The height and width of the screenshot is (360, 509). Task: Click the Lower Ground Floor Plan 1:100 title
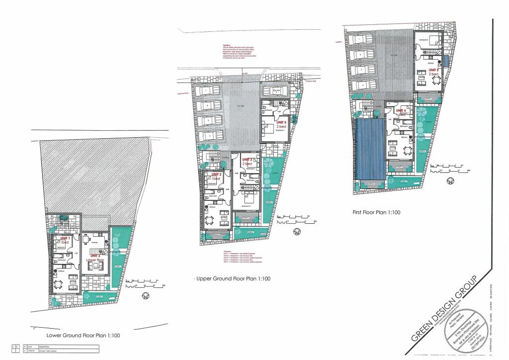click(83, 336)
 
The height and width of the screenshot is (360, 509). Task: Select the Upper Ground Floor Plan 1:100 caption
click(233, 279)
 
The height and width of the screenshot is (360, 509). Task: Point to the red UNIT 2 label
click(216, 175)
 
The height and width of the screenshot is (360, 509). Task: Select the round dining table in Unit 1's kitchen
click(58, 284)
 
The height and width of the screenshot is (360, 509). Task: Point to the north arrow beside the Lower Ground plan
click(146, 296)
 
